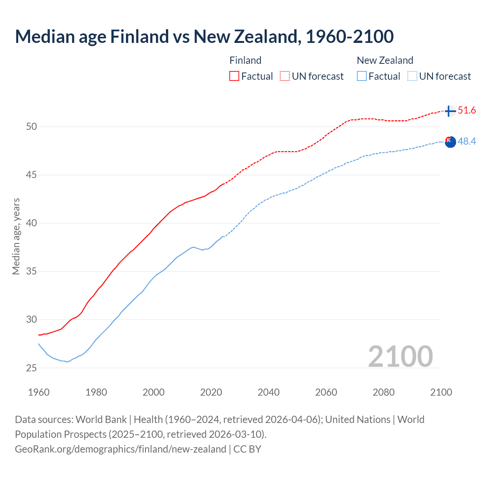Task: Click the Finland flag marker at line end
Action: (450, 111)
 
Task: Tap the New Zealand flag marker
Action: (450, 142)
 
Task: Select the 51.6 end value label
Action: (467, 110)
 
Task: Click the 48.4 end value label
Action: (467, 142)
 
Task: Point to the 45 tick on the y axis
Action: (32, 175)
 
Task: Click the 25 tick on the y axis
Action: (32, 368)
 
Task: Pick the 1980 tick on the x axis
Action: (96, 392)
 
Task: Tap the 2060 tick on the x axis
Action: (326, 392)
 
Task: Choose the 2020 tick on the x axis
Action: (211, 392)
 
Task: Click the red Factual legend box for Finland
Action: (234, 76)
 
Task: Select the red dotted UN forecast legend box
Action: (285, 76)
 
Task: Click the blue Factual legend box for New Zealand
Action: (362, 76)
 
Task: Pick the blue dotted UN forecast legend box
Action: (412, 76)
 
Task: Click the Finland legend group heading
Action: (245, 60)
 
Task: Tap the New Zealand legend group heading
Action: (385, 60)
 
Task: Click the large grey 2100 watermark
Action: (400, 357)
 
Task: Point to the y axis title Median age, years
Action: (16, 236)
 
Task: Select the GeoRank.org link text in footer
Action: (120, 449)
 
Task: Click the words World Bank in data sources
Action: (101, 420)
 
